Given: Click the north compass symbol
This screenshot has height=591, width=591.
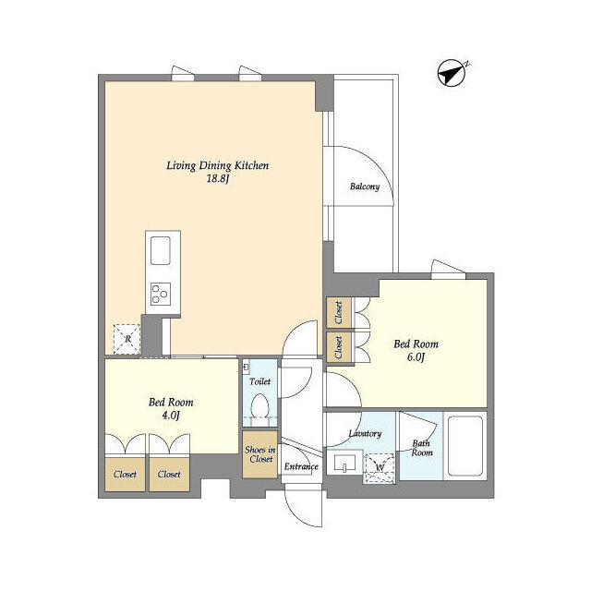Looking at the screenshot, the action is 452,73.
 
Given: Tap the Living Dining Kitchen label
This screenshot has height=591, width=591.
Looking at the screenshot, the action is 218,165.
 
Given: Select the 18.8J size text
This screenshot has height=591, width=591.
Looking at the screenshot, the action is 218,178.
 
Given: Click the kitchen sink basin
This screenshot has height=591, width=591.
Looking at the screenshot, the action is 161,250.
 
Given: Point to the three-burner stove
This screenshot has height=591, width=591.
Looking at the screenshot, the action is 161,294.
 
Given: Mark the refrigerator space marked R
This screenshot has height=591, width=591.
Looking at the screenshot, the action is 127,339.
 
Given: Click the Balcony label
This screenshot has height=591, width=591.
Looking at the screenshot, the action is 365,187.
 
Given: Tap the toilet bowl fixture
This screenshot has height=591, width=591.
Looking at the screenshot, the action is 259,408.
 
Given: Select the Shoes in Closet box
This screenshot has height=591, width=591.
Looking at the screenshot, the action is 260,454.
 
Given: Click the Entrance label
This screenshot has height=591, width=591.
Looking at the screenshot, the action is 301,466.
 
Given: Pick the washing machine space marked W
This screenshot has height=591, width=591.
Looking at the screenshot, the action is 380,468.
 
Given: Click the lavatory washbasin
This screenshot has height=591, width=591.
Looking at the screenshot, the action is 344,463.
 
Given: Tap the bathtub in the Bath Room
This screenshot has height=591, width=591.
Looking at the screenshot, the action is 465,446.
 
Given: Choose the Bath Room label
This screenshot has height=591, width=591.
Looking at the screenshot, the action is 421,448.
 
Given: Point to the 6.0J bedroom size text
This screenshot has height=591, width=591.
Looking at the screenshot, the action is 416,357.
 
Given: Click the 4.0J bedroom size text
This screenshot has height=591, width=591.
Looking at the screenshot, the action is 170,416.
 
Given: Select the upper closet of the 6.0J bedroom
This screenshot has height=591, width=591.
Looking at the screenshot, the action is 339,312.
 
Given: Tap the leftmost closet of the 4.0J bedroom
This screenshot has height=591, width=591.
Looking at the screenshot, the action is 125,474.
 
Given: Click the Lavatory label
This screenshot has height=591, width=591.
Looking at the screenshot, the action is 365,434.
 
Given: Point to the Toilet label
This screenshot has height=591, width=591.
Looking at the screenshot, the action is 259,381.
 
